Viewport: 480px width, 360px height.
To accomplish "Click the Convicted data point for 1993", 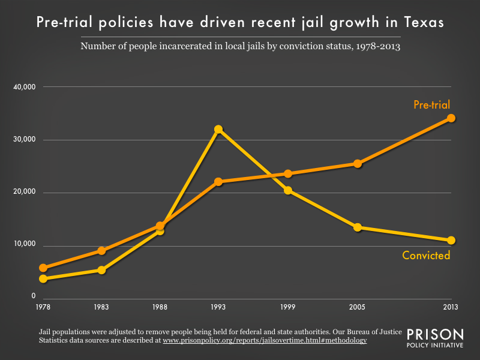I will click(218, 129).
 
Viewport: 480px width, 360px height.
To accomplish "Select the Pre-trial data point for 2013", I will click(451, 118).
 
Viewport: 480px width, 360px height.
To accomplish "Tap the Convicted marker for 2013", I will click(451, 240).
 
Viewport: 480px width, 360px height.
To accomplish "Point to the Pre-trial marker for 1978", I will click(43, 268).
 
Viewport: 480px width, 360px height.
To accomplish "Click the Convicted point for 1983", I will click(101, 270).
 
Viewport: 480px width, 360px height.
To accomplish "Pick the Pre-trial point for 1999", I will click(288, 173).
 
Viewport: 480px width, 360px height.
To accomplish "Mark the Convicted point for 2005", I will click(358, 227).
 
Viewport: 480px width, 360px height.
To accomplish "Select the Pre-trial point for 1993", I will click(218, 181).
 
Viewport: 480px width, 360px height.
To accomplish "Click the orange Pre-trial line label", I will click(431, 105).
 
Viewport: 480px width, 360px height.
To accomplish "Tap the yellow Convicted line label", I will click(426, 256).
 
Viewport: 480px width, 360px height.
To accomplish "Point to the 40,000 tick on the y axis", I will click(25, 87).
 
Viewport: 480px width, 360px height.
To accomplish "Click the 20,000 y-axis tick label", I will click(25, 193).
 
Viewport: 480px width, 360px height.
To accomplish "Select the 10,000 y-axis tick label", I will click(25, 245).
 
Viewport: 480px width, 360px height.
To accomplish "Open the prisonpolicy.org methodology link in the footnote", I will click(265, 340).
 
